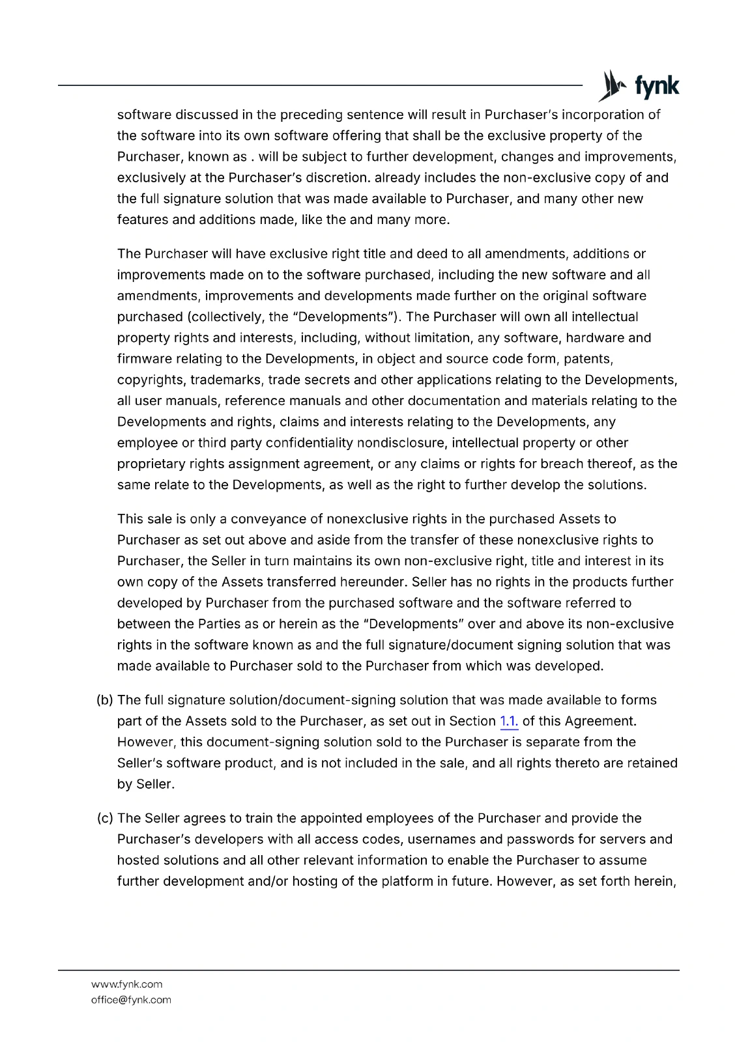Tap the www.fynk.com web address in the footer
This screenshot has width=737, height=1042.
(x=126, y=984)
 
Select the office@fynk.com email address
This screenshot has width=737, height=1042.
(x=131, y=1000)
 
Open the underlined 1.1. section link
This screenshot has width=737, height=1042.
(x=508, y=721)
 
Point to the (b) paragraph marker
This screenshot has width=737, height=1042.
(x=104, y=700)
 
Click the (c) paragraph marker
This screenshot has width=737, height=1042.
(x=104, y=819)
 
